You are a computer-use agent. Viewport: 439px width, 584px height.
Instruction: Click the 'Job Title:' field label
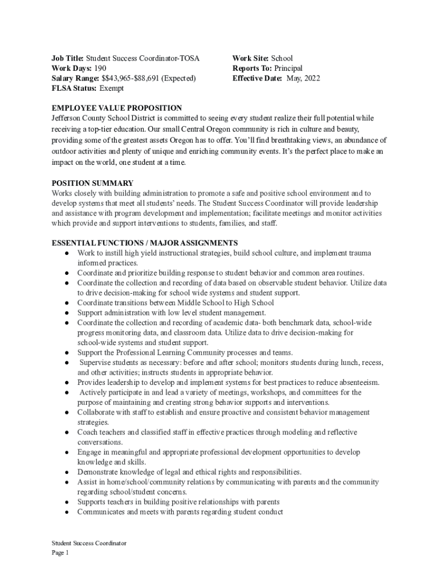click(x=68, y=58)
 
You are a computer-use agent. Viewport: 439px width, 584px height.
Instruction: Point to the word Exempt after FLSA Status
click(x=112, y=88)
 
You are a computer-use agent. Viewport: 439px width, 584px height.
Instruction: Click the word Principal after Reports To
click(x=288, y=68)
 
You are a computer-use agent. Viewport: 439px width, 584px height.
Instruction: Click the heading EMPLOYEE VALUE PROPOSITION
click(x=117, y=108)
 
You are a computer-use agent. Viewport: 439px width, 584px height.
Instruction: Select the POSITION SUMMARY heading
click(x=92, y=183)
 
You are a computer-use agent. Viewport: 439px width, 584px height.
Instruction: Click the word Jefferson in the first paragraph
click(x=69, y=118)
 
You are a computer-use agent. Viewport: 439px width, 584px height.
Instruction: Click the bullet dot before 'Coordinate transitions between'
click(x=67, y=303)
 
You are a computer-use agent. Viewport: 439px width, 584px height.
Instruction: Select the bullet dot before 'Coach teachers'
click(x=67, y=433)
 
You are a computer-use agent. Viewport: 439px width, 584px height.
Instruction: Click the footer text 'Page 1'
click(x=60, y=553)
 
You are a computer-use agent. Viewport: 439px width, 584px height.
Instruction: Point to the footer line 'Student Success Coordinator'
click(x=89, y=544)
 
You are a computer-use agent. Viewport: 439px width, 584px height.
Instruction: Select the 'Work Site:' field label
click(x=251, y=58)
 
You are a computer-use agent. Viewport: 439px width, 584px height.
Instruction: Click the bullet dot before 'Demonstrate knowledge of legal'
click(x=67, y=473)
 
